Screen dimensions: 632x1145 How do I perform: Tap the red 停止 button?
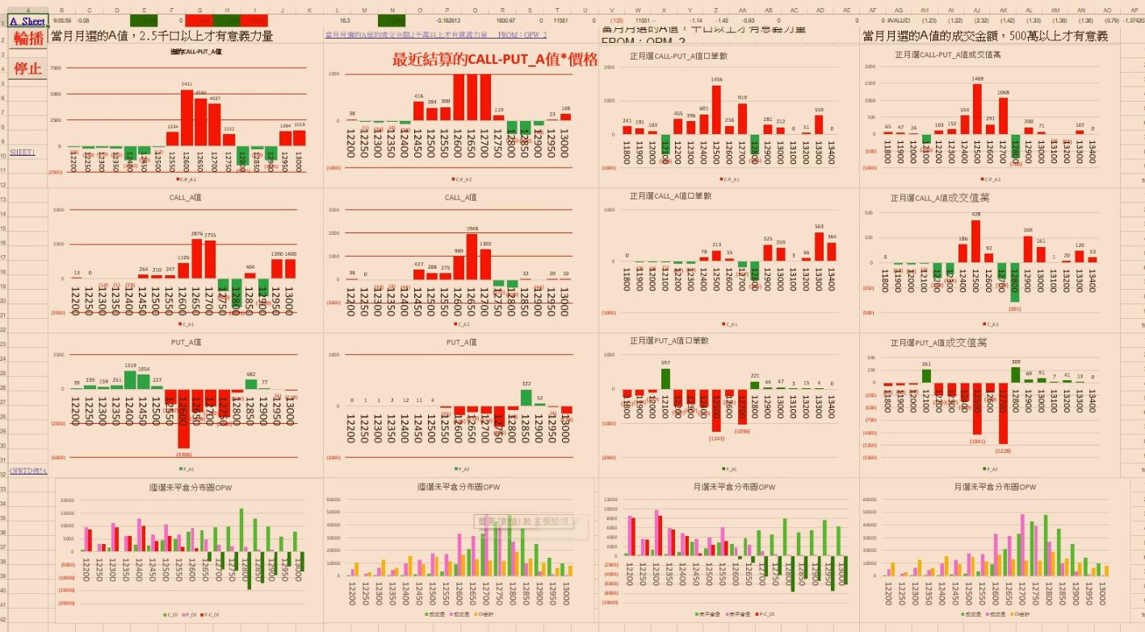27,68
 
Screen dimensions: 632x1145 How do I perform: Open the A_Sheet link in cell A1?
27,22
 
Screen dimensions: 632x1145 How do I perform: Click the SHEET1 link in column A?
23,152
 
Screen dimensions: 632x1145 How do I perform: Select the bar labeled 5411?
187,118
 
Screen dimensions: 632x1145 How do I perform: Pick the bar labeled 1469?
977,109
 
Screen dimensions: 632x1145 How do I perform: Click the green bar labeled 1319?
130,379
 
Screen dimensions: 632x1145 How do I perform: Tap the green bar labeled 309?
1016,375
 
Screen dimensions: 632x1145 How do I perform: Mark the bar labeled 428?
975,241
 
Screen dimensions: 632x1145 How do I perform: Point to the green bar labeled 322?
526,397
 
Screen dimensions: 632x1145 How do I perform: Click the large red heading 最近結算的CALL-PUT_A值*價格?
495,60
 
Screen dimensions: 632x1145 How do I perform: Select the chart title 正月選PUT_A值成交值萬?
939,342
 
